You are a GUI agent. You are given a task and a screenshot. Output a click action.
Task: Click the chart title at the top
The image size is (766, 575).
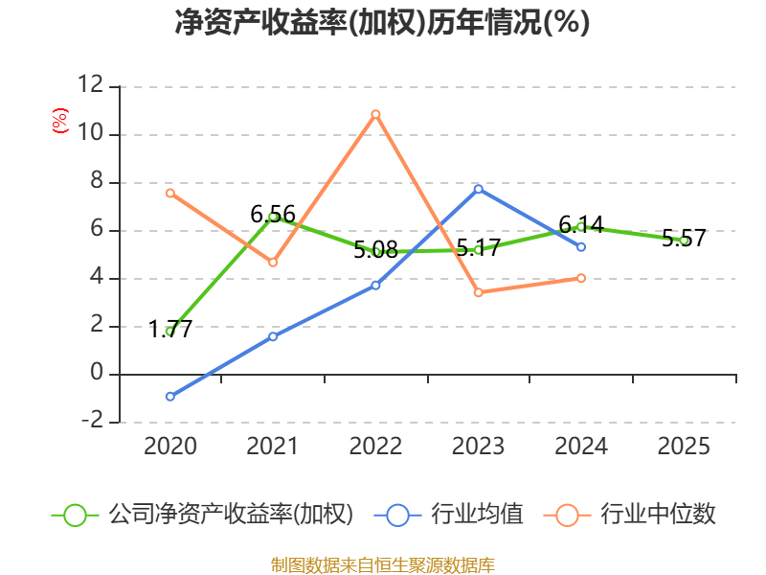[x=382, y=22]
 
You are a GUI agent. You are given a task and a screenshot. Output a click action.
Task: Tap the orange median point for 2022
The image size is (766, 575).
[x=375, y=114]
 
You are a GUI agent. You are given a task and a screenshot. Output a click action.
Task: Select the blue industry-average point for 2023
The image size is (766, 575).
[x=478, y=189]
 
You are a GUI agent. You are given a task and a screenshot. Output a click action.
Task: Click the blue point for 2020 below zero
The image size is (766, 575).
[x=170, y=397]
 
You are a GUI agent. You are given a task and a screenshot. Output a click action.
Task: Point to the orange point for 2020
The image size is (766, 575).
[x=170, y=194]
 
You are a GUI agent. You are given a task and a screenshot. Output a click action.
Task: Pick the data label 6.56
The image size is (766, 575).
[x=273, y=214]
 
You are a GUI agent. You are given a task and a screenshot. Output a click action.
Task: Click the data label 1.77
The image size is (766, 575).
[x=170, y=329]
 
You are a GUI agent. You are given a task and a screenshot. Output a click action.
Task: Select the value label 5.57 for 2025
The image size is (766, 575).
[x=684, y=238]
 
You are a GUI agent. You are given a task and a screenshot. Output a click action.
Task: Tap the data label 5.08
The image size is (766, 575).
[x=375, y=250]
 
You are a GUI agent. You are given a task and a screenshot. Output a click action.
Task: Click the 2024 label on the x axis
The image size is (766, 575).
[x=581, y=446]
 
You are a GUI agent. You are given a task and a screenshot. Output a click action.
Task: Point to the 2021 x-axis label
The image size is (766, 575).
[x=272, y=446]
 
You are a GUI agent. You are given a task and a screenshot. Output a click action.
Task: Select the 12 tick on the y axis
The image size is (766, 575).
[x=91, y=84]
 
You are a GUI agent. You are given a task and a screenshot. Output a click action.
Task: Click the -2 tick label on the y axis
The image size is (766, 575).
[x=92, y=420]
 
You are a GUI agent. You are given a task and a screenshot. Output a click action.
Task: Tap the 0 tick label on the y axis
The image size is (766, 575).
[x=98, y=373]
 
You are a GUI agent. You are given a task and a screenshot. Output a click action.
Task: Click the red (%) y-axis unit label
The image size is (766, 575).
[x=60, y=121]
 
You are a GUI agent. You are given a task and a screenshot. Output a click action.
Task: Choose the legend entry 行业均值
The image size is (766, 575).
[x=448, y=515]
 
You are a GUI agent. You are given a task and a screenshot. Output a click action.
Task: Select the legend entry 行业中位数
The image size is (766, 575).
[x=629, y=515]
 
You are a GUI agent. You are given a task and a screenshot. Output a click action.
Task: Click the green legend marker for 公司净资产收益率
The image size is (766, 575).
[x=76, y=516]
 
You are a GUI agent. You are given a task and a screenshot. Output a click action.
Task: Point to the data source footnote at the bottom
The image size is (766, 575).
[x=382, y=565]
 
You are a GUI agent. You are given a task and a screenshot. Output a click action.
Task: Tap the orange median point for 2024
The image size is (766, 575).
[x=581, y=278]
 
